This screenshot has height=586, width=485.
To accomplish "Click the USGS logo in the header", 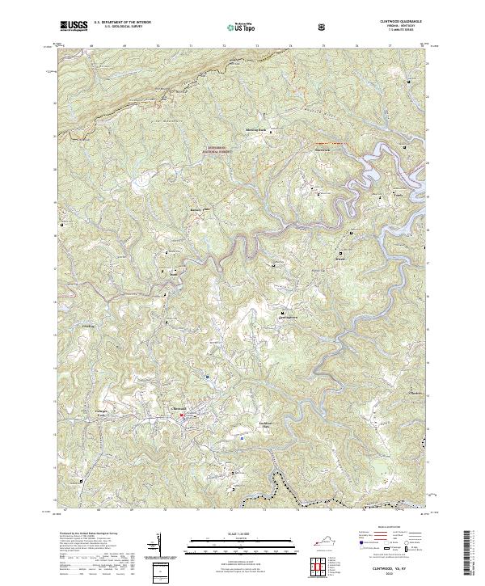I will pyautogui.click(x=74, y=27).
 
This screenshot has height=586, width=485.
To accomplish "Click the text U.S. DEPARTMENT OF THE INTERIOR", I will pyautogui.click(x=123, y=23).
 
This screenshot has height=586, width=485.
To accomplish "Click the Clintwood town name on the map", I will pyautogui.click(x=181, y=406).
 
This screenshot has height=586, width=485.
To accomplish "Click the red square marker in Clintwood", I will pyautogui.click(x=183, y=416).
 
